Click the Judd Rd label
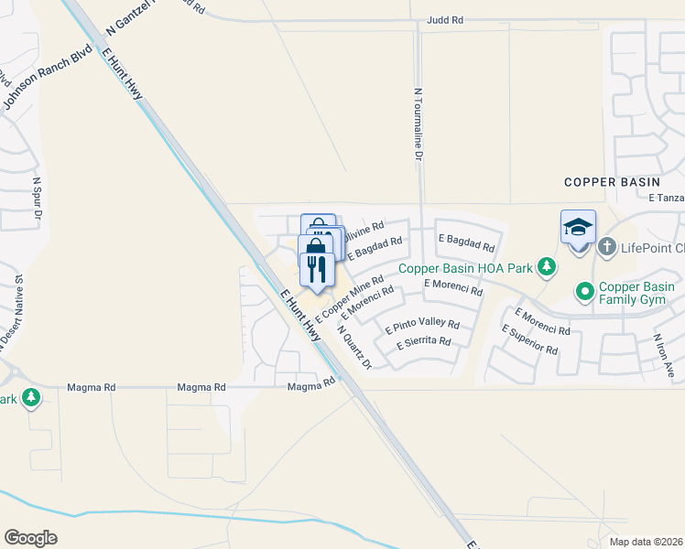click(x=445, y=19)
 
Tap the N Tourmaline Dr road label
click(x=418, y=125)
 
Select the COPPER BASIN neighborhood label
click(x=612, y=182)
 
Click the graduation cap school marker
click(x=579, y=226)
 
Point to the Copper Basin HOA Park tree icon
click(x=547, y=267)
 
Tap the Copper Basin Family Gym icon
click(x=584, y=292)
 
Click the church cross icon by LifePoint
click(x=606, y=247)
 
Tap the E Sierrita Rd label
click(x=424, y=343)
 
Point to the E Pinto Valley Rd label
click(x=422, y=325)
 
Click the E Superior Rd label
click(x=529, y=339)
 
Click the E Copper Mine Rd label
click(x=349, y=297)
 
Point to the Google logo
click(x=30, y=538)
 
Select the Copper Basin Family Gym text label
click(x=637, y=294)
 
